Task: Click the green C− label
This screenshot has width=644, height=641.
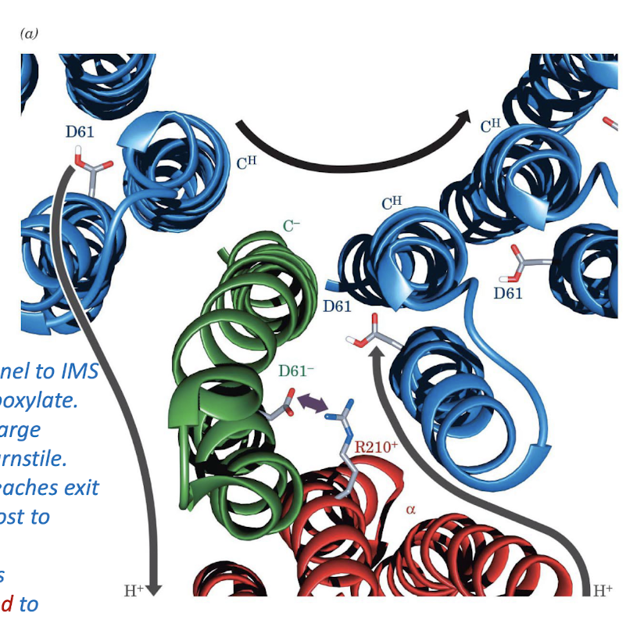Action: click(x=292, y=227)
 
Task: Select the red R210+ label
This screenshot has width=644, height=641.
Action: click(x=376, y=448)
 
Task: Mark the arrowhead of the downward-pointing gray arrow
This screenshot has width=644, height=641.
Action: click(x=154, y=587)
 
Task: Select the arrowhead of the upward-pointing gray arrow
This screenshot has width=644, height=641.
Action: click(x=375, y=353)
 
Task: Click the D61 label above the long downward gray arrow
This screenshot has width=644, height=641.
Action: click(x=80, y=131)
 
